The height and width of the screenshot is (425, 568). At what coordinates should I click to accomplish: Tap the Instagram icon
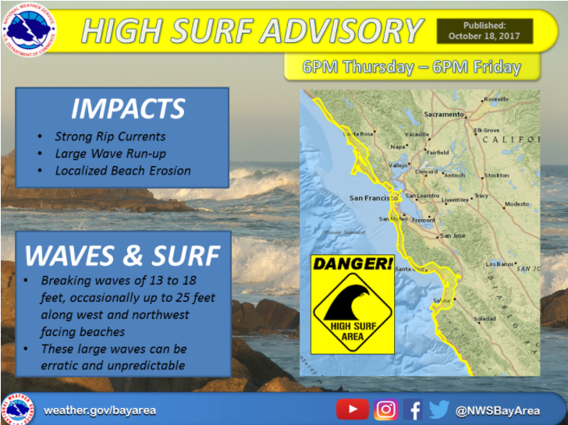[x=386, y=409]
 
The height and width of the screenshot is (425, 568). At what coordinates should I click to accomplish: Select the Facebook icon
[x=414, y=409]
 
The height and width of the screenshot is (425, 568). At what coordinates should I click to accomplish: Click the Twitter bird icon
[x=439, y=409]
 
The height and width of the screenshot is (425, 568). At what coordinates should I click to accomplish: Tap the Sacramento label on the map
[x=443, y=115]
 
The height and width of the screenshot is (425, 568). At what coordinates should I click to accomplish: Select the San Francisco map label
[x=368, y=197]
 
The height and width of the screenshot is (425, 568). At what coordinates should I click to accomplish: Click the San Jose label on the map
[x=453, y=236]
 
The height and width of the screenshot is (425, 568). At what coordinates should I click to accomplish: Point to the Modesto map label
[x=517, y=204]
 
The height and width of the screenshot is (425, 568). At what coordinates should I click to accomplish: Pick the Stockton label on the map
[x=496, y=175]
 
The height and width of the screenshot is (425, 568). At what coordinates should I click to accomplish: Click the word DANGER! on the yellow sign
[x=351, y=264]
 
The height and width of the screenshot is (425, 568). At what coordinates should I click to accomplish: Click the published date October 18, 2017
[x=485, y=36]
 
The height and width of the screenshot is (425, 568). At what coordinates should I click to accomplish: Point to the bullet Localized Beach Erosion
[x=122, y=170]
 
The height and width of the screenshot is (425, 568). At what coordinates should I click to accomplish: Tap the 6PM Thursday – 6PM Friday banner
[x=411, y=67]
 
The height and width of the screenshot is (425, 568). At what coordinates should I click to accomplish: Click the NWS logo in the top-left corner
[x=29, y=30]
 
